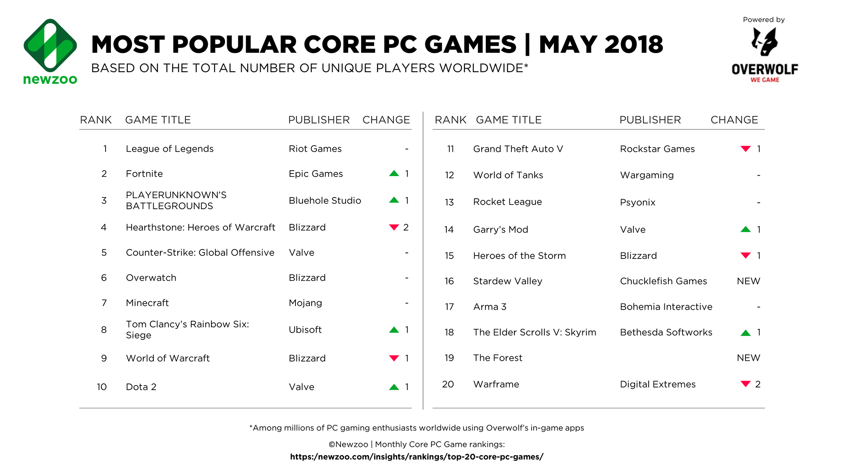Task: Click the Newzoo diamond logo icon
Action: (x=50, y=45)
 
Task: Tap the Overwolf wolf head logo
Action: (x=764, y=42)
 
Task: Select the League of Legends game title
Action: (x=170, y=149)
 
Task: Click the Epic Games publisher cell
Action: (x=316, y=174)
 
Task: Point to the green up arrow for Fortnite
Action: (x=394, y=174)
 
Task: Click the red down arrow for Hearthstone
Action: (x=394, y=227)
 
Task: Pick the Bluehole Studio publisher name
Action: (x=325, y=200)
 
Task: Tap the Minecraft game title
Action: (x=148, y=303)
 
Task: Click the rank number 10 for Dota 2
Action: (x=102, y=387)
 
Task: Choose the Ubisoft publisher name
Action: (x=305, y=330)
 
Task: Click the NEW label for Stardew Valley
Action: (x=748, y=281)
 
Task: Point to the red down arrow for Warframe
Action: (x=746, y=384)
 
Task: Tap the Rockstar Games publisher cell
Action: (x=657, y=149)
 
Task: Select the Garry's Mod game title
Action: (x=501, y=230)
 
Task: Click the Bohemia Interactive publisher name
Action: (x=666, y=307)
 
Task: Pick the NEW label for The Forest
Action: (x=748, y=358)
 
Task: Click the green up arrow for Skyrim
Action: (x=746, y=333)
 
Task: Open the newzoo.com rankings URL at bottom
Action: (x=417, y=457)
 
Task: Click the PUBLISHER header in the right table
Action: (x=650, y=120)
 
